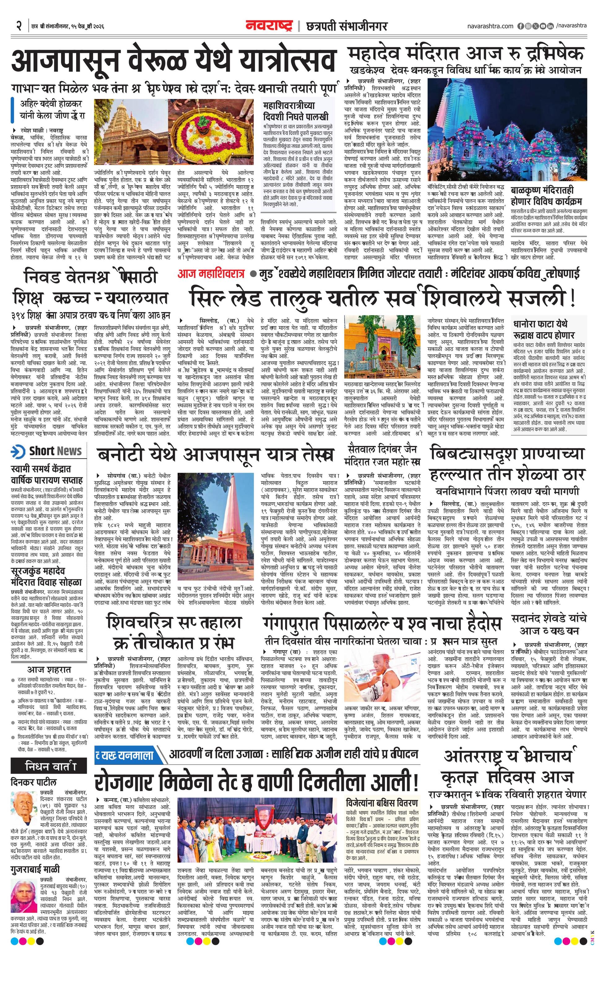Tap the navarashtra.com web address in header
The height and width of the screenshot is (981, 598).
point(490,26)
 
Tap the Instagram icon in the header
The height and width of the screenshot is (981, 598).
point(528,26)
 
